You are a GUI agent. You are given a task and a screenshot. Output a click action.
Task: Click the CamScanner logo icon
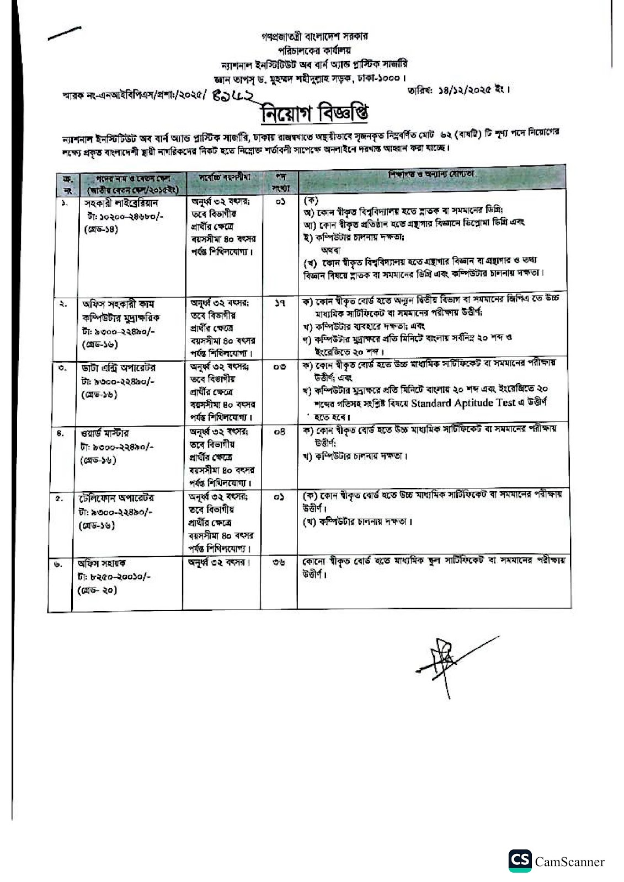520,861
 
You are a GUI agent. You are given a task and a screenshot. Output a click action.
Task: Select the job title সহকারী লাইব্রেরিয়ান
121,203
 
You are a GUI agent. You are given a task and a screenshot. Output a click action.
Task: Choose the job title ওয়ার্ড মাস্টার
105,433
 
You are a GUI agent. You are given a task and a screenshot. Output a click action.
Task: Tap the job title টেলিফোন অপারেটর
116,498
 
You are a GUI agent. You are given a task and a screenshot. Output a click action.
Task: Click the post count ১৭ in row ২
279,303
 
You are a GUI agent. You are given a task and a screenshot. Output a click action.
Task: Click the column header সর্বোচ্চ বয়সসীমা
224,178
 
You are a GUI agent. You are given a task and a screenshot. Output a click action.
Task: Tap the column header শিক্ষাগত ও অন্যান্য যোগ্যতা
431,174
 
